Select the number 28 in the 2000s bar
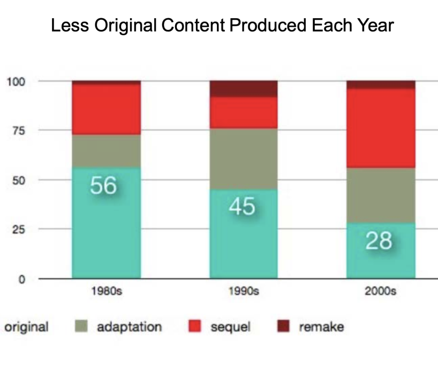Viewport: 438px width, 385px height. click(x=379, y=241)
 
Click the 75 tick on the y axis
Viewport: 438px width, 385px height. click(x=18, y=130)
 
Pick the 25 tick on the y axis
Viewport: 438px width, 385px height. click(x=18, y=229)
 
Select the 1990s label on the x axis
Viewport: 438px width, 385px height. click(x=243, y=292)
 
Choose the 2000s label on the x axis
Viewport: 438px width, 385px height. click(x=380, y=292)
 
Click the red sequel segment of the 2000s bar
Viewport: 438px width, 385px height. click(x=381, y=128)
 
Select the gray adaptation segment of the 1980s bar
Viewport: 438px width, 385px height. click(x=106, y=151)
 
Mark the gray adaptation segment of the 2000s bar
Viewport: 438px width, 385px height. click(x=381, y=195)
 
